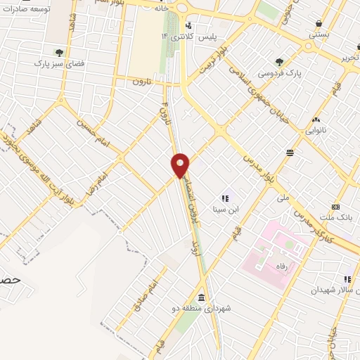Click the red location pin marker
point(181,165)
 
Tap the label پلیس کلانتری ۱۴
point(188,35)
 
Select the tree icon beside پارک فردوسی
point(280,62)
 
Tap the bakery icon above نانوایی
point(316,120)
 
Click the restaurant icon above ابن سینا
point(225,198)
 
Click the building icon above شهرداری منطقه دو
point(202,296)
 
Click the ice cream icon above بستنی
point(319,22)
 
